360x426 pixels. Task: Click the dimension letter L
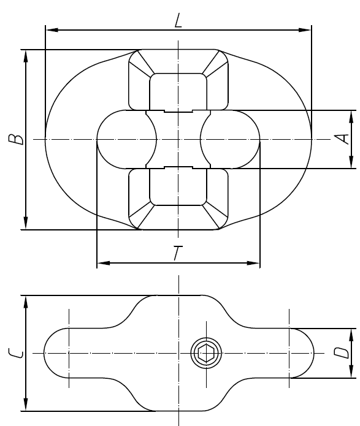(178, 21)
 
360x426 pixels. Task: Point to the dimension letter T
(177, 253)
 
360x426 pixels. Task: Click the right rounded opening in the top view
(231, 139)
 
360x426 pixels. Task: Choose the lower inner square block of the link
(178, 188)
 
